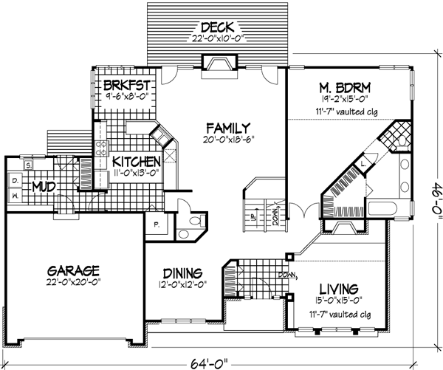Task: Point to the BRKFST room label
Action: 122,84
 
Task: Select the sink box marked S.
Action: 27,165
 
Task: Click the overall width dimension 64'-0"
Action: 220,361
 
